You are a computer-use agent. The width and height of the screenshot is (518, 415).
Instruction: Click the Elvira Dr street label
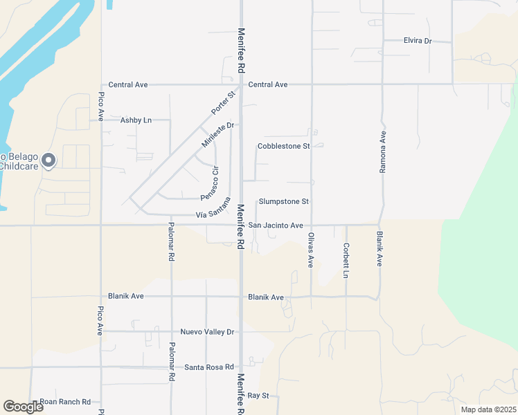[x=417, y=41]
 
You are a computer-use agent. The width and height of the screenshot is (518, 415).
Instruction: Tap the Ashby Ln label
[x=136, y=120]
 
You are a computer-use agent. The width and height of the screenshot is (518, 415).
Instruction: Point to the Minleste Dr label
[x=218, y=134]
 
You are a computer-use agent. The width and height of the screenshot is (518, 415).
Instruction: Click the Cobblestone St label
[x=283, y=147]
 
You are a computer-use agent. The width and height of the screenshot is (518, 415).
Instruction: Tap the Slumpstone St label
[x=283, y=202]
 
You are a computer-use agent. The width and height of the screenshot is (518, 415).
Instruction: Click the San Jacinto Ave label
[x=276, y=225]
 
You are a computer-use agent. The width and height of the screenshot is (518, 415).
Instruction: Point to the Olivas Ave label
[x=311, y=250]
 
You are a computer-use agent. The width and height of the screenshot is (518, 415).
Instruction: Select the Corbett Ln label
[x=346, y=259]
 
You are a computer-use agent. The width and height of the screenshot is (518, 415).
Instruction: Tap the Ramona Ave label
[x=381, y=152]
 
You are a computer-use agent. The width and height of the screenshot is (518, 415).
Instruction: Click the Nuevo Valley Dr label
[x=207, y=332]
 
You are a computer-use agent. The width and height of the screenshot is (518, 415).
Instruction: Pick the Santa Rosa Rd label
[x=208, y=367]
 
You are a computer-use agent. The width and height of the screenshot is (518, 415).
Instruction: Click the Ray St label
[x=258, y=396]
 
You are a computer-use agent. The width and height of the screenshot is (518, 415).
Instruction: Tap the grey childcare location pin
[x=48, y=161]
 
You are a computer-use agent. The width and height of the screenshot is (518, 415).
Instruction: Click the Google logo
[x=23, y=407]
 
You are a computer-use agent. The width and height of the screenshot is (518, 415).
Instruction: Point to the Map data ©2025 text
[x=488, y=409]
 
